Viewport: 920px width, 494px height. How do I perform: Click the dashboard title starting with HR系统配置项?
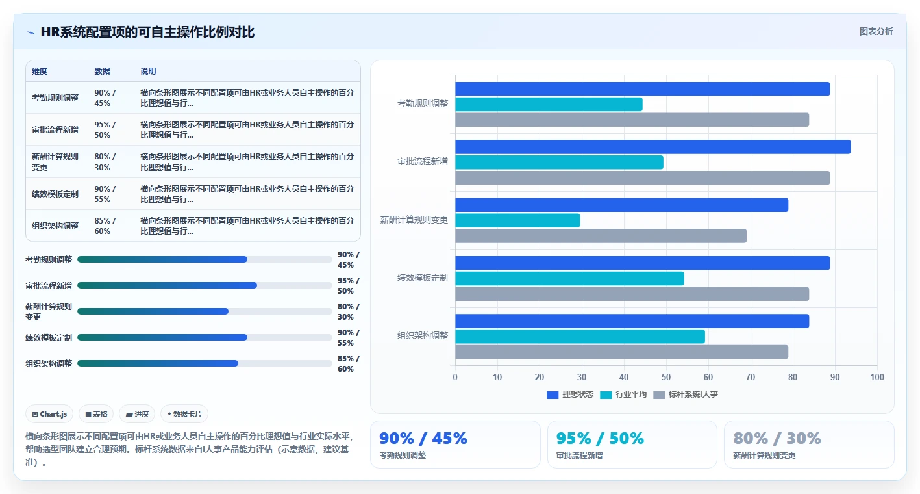point(147,32)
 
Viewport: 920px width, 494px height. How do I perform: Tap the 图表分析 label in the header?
point(876,32)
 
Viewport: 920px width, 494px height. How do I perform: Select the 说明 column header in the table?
point(148,71)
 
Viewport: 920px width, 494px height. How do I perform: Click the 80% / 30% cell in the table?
point(105,162)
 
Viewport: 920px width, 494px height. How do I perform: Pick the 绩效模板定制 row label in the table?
point(55,194)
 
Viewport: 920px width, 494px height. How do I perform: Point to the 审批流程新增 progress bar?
point(205,285)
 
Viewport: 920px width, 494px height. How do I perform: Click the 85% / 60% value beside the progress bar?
point(348,363)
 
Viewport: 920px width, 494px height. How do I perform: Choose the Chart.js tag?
point(49,414)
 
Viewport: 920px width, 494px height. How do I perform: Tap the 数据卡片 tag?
point(184,414)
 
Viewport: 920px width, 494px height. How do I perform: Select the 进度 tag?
point(137,414)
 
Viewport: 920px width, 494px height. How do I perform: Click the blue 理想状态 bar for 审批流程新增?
point(653,147)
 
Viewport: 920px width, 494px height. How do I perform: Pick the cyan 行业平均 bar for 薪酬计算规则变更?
point(517,220)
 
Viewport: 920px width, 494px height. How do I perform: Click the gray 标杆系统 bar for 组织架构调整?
point(621,352)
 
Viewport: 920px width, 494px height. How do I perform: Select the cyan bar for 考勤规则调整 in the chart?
point(549,105)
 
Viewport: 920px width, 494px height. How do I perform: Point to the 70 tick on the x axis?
point(751,377)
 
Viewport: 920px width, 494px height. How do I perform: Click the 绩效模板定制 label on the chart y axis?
point(422,278)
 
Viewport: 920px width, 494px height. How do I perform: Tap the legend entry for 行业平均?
point(623,395)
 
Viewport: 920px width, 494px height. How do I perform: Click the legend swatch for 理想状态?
point(553,395)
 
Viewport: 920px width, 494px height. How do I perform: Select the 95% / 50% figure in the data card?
point(600,439)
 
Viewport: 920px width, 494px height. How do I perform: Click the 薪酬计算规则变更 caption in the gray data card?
point(764,456)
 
